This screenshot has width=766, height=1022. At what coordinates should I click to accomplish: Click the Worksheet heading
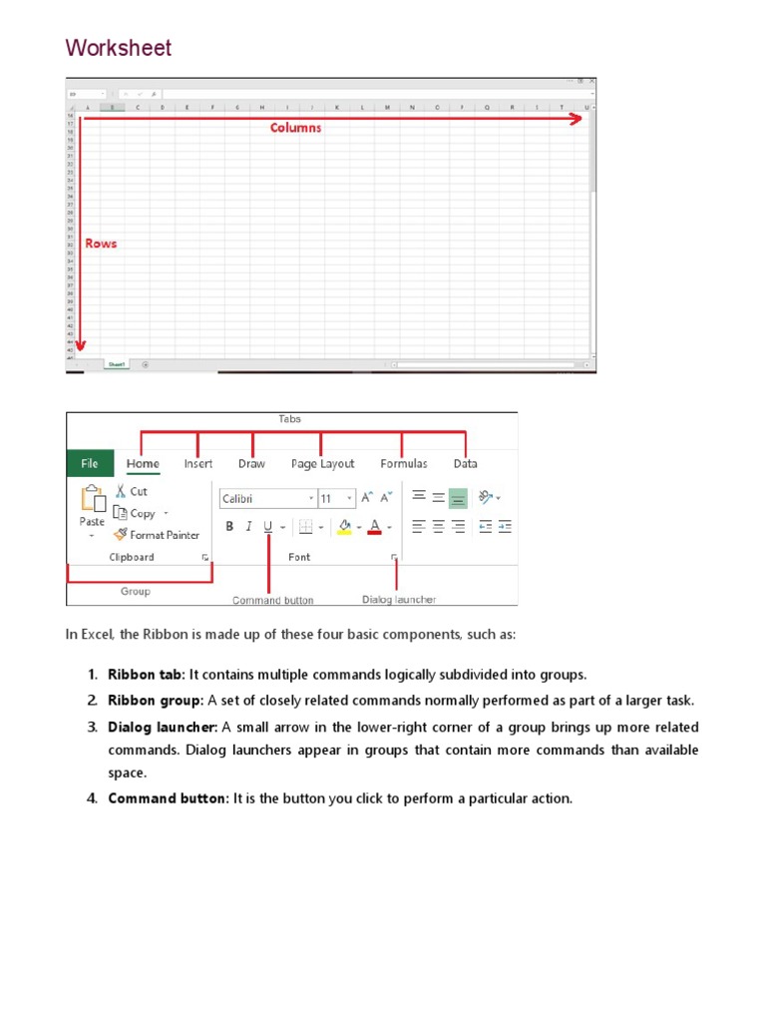click(118, 48)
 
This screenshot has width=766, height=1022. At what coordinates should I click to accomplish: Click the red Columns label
click(295, 128)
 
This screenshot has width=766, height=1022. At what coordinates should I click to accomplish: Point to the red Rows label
click(101, 244)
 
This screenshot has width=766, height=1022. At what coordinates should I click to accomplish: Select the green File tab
click(90, 463)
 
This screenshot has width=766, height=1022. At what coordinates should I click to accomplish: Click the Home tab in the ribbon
click(143, 463)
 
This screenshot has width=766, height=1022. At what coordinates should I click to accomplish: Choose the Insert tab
click(198, 463)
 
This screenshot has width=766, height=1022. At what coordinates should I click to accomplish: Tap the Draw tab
click(251, 463)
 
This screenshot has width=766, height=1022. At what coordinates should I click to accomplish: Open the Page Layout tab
click(322, 463)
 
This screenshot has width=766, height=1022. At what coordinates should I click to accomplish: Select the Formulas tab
click(403, 463)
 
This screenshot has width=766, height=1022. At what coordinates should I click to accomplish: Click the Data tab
click(465, 463)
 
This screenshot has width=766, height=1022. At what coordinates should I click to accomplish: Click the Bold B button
click(229, 527)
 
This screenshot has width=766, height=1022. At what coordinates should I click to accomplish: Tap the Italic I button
click(248, 527)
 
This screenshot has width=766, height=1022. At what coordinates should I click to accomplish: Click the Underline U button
click(267, 527)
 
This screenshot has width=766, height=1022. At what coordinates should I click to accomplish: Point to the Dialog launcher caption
click(398, 600)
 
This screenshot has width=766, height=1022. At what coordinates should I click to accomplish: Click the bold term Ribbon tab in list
click(145, 675)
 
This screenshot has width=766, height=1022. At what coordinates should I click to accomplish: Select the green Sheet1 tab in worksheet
click(117, 365)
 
